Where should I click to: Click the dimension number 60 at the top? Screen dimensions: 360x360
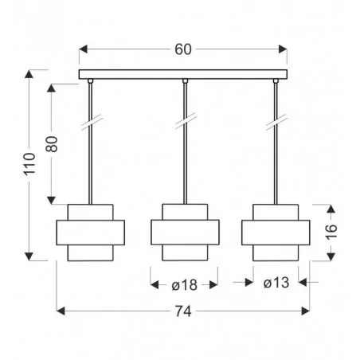click(x=183, y=49)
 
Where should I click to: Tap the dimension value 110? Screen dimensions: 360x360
click(x=29, y=163)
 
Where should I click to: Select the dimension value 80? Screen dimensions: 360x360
click(x=52, y=144)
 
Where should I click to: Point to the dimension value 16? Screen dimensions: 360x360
click(x=331, y=232)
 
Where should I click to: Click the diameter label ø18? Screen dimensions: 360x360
click(x=184, y=285)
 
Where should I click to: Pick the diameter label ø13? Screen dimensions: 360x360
click(x=276, y=283)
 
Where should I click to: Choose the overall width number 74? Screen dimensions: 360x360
click(x=183, y=311)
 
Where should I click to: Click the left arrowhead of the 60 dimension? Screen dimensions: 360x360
click(x=83, y=49)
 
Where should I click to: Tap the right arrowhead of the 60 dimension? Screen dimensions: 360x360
click(x=283, y=49)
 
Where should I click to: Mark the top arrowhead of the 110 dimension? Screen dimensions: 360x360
click(x=29, y=74)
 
